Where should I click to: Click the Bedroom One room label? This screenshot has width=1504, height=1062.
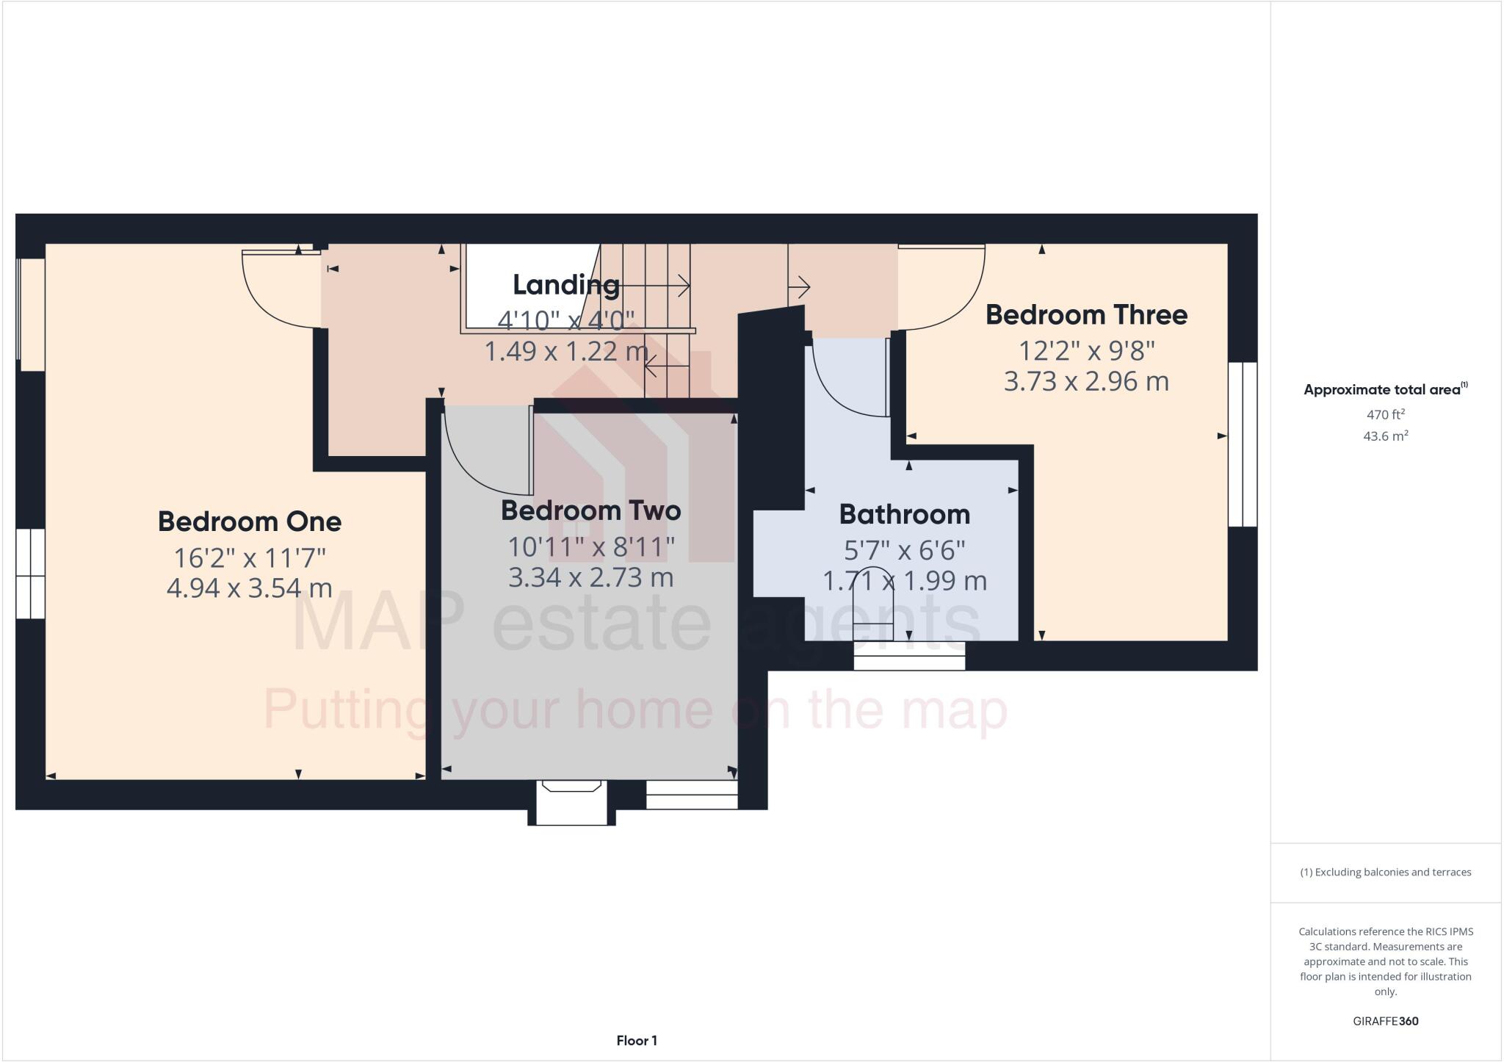[250, 521]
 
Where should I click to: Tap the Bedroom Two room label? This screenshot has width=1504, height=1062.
[590, 510]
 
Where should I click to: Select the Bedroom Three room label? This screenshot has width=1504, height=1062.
[1086, 314]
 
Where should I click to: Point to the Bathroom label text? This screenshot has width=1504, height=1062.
[904, 514]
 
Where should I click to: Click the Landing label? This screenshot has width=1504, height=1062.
[565, 285]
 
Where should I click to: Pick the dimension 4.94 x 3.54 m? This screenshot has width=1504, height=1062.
[250, 588]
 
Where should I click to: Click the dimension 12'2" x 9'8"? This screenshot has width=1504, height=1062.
[1086, 350]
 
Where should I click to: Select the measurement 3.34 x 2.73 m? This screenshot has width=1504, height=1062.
[590, 577]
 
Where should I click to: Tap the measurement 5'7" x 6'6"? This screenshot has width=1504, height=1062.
[904, 549]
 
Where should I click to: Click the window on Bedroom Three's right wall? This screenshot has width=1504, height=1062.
[1243, 444]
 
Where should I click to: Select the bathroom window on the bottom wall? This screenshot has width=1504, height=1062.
[909, 656]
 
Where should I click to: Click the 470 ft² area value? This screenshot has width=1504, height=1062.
[1385, 414]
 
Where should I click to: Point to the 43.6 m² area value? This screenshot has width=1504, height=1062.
[1385, 436]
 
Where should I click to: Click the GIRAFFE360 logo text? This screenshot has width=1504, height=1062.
[1385, 1021]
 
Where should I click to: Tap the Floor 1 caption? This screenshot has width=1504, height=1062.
[637, 1041]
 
